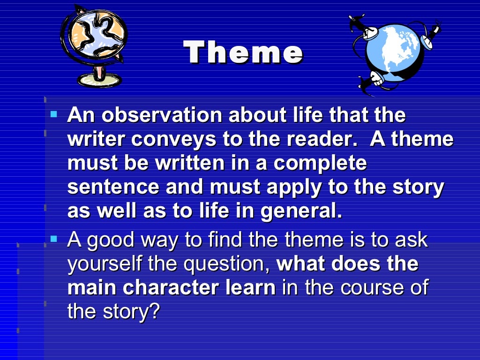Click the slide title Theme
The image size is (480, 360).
[x=243, y=52]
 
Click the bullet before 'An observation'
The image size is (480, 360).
[x=53, y=114]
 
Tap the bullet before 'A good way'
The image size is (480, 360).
[x=53, y=239]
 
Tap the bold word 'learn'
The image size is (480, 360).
[x=249, y=288]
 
